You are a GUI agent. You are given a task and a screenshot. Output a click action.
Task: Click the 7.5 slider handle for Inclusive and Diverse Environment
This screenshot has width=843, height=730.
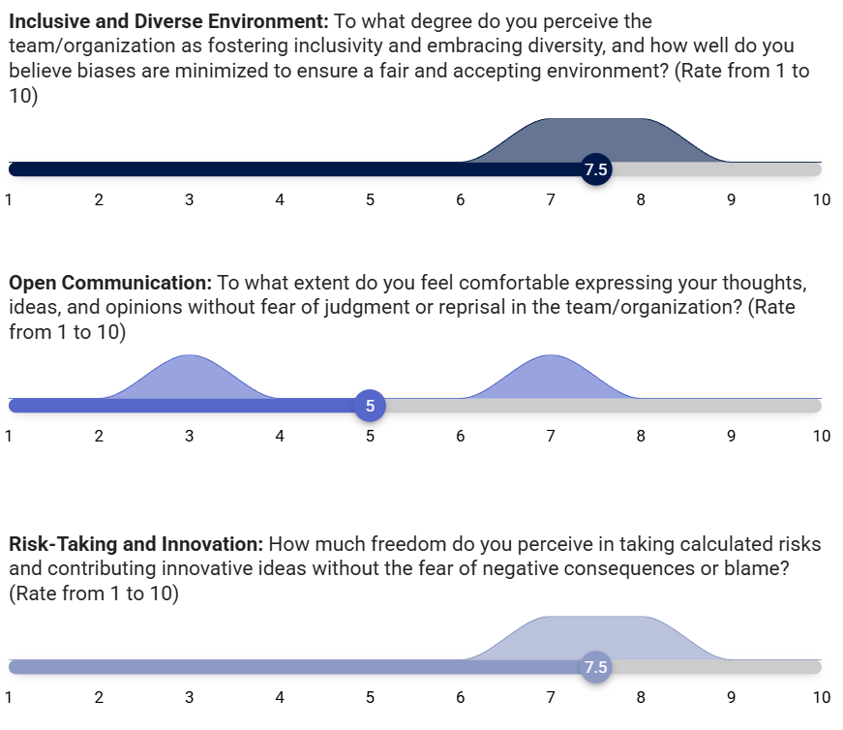595,169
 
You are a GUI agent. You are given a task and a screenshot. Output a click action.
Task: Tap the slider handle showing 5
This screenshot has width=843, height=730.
370,406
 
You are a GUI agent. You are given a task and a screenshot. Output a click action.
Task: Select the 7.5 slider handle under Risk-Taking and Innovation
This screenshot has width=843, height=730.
595,667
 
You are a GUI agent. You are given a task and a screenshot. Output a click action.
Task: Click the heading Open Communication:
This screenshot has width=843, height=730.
110,283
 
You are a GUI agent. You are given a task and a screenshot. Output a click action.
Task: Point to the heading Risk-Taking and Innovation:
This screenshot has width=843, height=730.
136,544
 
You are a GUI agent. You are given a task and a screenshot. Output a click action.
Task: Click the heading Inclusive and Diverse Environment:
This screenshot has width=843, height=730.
168,21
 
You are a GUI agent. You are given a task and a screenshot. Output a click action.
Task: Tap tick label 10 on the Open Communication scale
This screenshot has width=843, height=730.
822,436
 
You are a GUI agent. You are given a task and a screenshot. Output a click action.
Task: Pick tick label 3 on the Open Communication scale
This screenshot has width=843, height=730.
190,436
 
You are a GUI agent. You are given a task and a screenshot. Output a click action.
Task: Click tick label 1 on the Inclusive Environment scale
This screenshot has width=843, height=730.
9,200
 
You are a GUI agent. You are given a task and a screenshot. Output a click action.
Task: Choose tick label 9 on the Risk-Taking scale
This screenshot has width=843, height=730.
731,697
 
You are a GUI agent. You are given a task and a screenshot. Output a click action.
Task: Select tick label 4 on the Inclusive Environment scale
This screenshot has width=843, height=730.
280,200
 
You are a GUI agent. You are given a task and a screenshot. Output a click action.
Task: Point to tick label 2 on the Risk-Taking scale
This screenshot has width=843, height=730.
99,697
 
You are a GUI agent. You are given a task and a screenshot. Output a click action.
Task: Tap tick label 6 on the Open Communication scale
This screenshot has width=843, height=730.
460,436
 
